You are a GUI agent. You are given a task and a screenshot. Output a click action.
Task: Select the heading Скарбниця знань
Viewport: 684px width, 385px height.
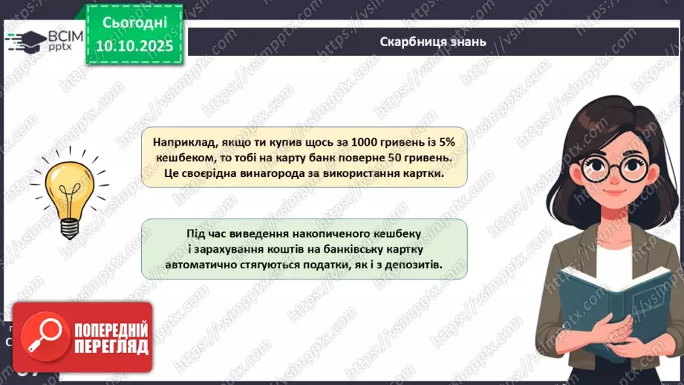(432, 42)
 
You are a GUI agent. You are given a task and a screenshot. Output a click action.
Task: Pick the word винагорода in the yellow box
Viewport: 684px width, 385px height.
(283, 175)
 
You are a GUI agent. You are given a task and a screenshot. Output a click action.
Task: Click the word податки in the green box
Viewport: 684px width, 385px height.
(334, 265)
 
